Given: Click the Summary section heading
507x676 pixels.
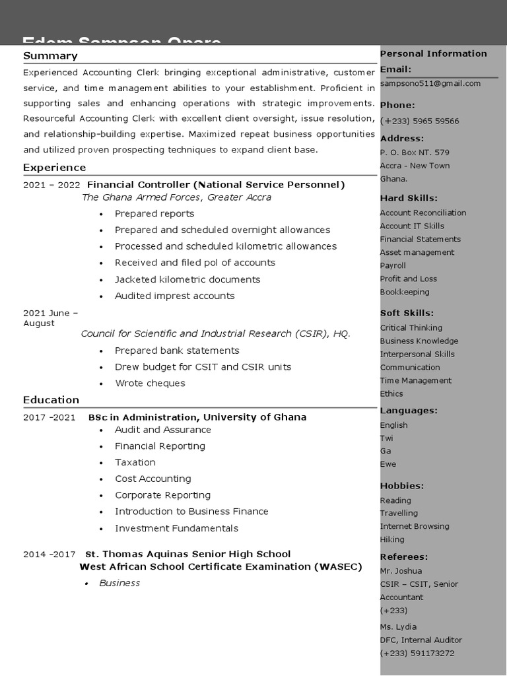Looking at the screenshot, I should tap(50, 56).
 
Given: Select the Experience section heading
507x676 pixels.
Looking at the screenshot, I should tap(54, 168).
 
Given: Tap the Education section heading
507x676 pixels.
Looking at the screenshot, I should tap(51, 400).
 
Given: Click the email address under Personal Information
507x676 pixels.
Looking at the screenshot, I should tap(430, 84).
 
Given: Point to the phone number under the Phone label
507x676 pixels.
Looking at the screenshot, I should tap(419, 121).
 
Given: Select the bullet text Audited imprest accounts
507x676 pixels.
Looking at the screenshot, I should tap(174, 296).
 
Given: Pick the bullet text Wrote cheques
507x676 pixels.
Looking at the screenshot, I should tap(150, 384).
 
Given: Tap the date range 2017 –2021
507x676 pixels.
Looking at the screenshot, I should tap(50, 417).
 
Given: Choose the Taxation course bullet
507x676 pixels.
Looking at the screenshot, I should tap(135, 463).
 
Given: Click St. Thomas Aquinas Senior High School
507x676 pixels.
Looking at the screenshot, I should tap(187, 554).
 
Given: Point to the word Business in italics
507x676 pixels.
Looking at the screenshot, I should tap(119, 583).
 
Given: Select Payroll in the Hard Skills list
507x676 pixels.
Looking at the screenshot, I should tap(393, 265).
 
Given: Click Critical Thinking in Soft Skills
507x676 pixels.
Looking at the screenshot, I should tap(411, 328).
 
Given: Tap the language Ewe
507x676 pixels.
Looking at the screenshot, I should tap(388, 464).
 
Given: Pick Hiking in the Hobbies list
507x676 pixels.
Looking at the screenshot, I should tap(392, 539).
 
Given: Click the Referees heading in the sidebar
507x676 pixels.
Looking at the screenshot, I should tap(403, 557).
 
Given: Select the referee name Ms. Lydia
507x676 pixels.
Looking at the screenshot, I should tap(398, 626).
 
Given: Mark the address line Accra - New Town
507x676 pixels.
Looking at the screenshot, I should tap(415, 166).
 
